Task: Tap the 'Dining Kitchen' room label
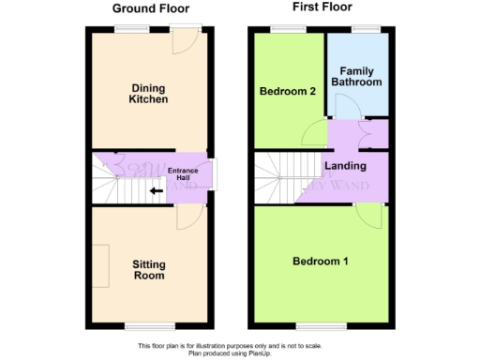(150, 93)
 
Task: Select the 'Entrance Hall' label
(184, 174)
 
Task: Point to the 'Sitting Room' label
(150, 270)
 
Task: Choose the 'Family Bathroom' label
(361, 76)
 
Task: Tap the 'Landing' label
(344, 167)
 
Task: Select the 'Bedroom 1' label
(320, 261)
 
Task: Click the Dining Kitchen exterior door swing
(187, 39)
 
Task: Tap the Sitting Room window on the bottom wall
(150, 326)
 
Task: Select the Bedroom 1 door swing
(372, 218)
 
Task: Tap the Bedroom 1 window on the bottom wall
(320, 326)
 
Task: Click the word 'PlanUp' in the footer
(285, 352)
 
